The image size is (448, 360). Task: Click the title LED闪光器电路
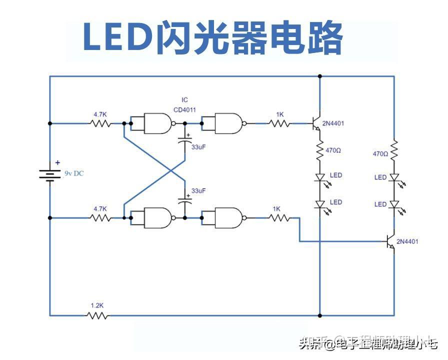(212, 38)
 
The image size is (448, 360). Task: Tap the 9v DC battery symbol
(50, 173)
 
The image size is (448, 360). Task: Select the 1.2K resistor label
(96, 304)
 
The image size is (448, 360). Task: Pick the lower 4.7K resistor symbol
(100, 218)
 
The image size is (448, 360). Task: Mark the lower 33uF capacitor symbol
(185, 203)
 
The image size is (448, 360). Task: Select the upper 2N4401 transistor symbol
(317, 123)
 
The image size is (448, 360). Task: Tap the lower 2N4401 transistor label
(407, 241)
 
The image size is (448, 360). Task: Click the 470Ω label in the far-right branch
(380, 154)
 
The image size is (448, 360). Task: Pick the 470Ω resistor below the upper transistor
(320, 150)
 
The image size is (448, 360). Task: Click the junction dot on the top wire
(320, 76)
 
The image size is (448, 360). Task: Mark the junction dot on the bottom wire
(320, 315)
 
